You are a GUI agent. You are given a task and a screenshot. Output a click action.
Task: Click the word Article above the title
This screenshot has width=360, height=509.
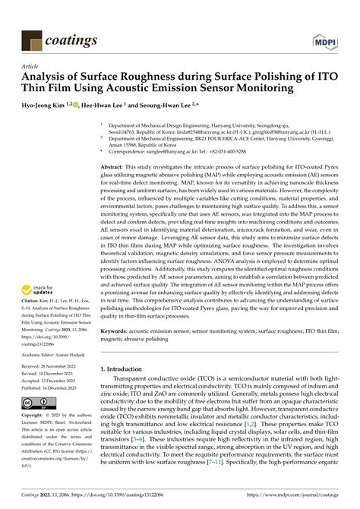coord(30,67)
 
